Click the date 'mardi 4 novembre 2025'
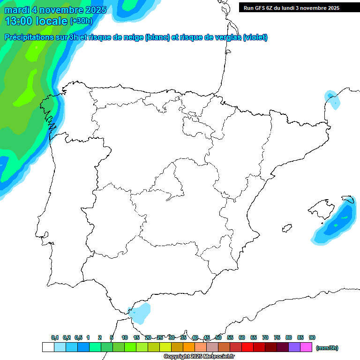pos(55,10)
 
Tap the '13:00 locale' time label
pos(36,21)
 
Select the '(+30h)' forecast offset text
pos(81,21)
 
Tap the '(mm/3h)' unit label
pos(327,348)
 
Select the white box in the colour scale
pos(48,347)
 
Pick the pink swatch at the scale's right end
pos(306,347)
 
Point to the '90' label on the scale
pos(312,337)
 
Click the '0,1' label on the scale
pos(55,337)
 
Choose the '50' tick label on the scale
pos(218,337)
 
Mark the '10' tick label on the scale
pos(125,337)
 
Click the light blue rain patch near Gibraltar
pos(141,313)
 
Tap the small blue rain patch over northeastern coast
pos(332,99)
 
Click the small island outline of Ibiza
pos(287,228)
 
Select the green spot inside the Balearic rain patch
pos(345,217)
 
